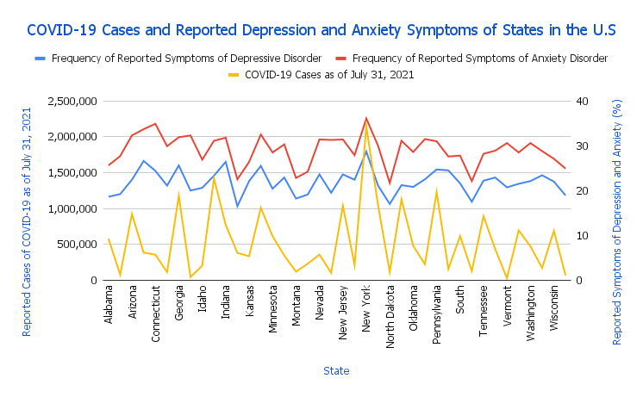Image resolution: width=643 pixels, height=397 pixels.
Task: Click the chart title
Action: pyautogui.click(x=321, y=30)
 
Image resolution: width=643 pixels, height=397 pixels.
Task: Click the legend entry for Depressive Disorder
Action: pyautogui.click(x=186, y=59)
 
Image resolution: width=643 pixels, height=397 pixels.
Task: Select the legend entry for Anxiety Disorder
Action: pyautogui.click(x=480, y=59)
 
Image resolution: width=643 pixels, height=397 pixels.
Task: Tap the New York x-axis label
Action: pyautogui.click(x=366, y=307)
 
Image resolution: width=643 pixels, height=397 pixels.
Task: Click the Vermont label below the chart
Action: pyautogui.click(x=507, y=304)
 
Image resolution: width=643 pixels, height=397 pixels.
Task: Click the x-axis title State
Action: pyautogui.click(x=336, y=370)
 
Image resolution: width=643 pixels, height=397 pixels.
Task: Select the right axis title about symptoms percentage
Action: pyautogui.click(x=617, y=208)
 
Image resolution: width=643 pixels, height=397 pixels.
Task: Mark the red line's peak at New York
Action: pyautogui.click(x=366, y=118)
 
